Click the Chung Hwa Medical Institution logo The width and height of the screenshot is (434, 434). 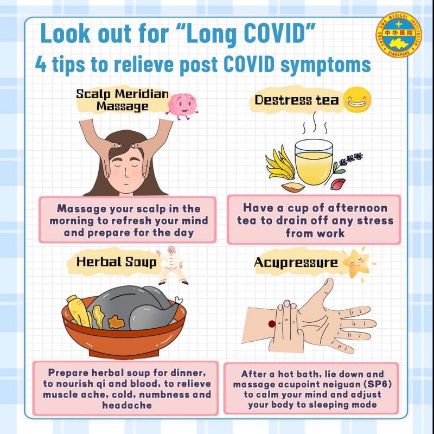399,35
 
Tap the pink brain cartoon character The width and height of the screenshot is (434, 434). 182,106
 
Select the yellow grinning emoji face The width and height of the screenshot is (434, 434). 357,100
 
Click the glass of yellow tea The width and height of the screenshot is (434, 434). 314,162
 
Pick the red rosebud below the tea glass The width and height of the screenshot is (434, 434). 338,184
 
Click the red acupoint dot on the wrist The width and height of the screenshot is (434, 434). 272,323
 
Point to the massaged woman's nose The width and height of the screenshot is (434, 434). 126,174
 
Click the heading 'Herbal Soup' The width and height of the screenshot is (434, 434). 116,262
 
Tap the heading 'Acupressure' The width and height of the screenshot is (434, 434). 296,263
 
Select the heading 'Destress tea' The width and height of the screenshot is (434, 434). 296,100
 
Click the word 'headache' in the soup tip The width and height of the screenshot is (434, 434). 127,405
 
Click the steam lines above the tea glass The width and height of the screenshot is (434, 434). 315,123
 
